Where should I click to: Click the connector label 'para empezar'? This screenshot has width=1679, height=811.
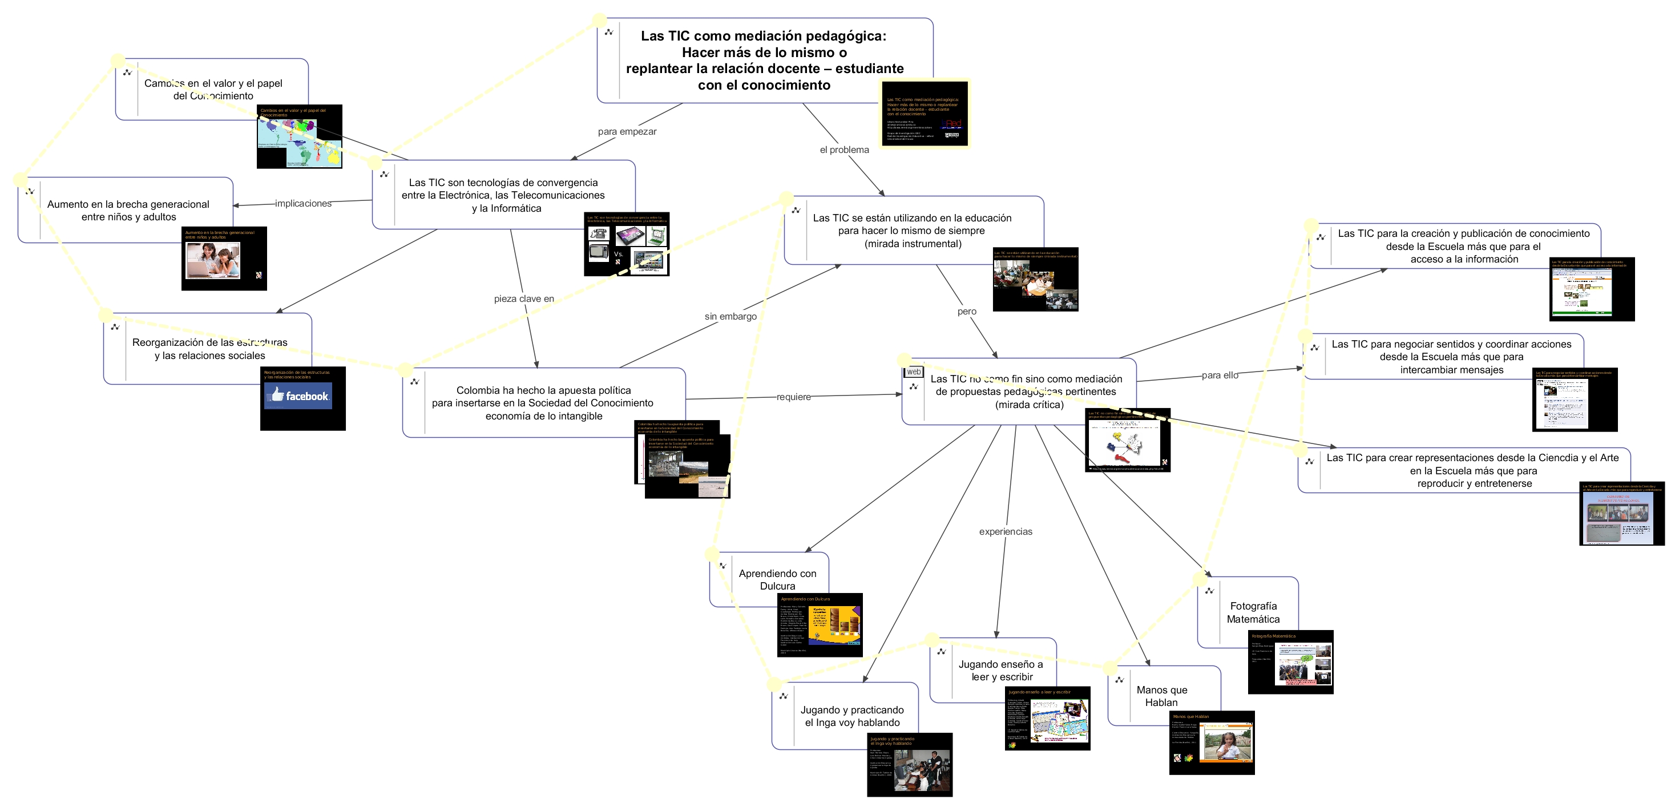tap(627, 132)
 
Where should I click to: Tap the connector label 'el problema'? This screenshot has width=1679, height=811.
tap(844, 150)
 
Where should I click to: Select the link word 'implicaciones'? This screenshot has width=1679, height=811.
tap(303, 203)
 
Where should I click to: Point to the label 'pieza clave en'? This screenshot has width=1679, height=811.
tap(524, 298)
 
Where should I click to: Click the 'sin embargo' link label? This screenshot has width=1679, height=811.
tap(730, 316)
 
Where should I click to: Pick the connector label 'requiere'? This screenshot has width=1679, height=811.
tap(794, 397)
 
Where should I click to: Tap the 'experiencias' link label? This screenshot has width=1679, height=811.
tap(1006, 531)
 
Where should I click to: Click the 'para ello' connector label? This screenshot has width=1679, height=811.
tap(1220, 375)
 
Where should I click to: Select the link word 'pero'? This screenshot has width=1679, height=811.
tap(967, 312)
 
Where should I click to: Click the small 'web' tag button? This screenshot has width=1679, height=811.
tap(914, 372)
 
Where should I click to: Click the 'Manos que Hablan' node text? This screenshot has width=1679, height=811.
tap(1161, 696)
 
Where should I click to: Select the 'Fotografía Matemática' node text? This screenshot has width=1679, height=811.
tap(1253, 613)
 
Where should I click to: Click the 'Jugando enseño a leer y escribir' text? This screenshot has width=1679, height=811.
tap(1000, 670)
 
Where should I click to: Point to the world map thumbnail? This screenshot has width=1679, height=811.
tap(299, 136)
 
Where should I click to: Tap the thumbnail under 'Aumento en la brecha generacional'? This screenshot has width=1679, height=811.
tap(224, 259)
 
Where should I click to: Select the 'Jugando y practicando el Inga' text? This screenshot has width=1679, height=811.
tap(852, 716)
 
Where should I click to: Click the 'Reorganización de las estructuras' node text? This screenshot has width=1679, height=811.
tap(210, 349)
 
